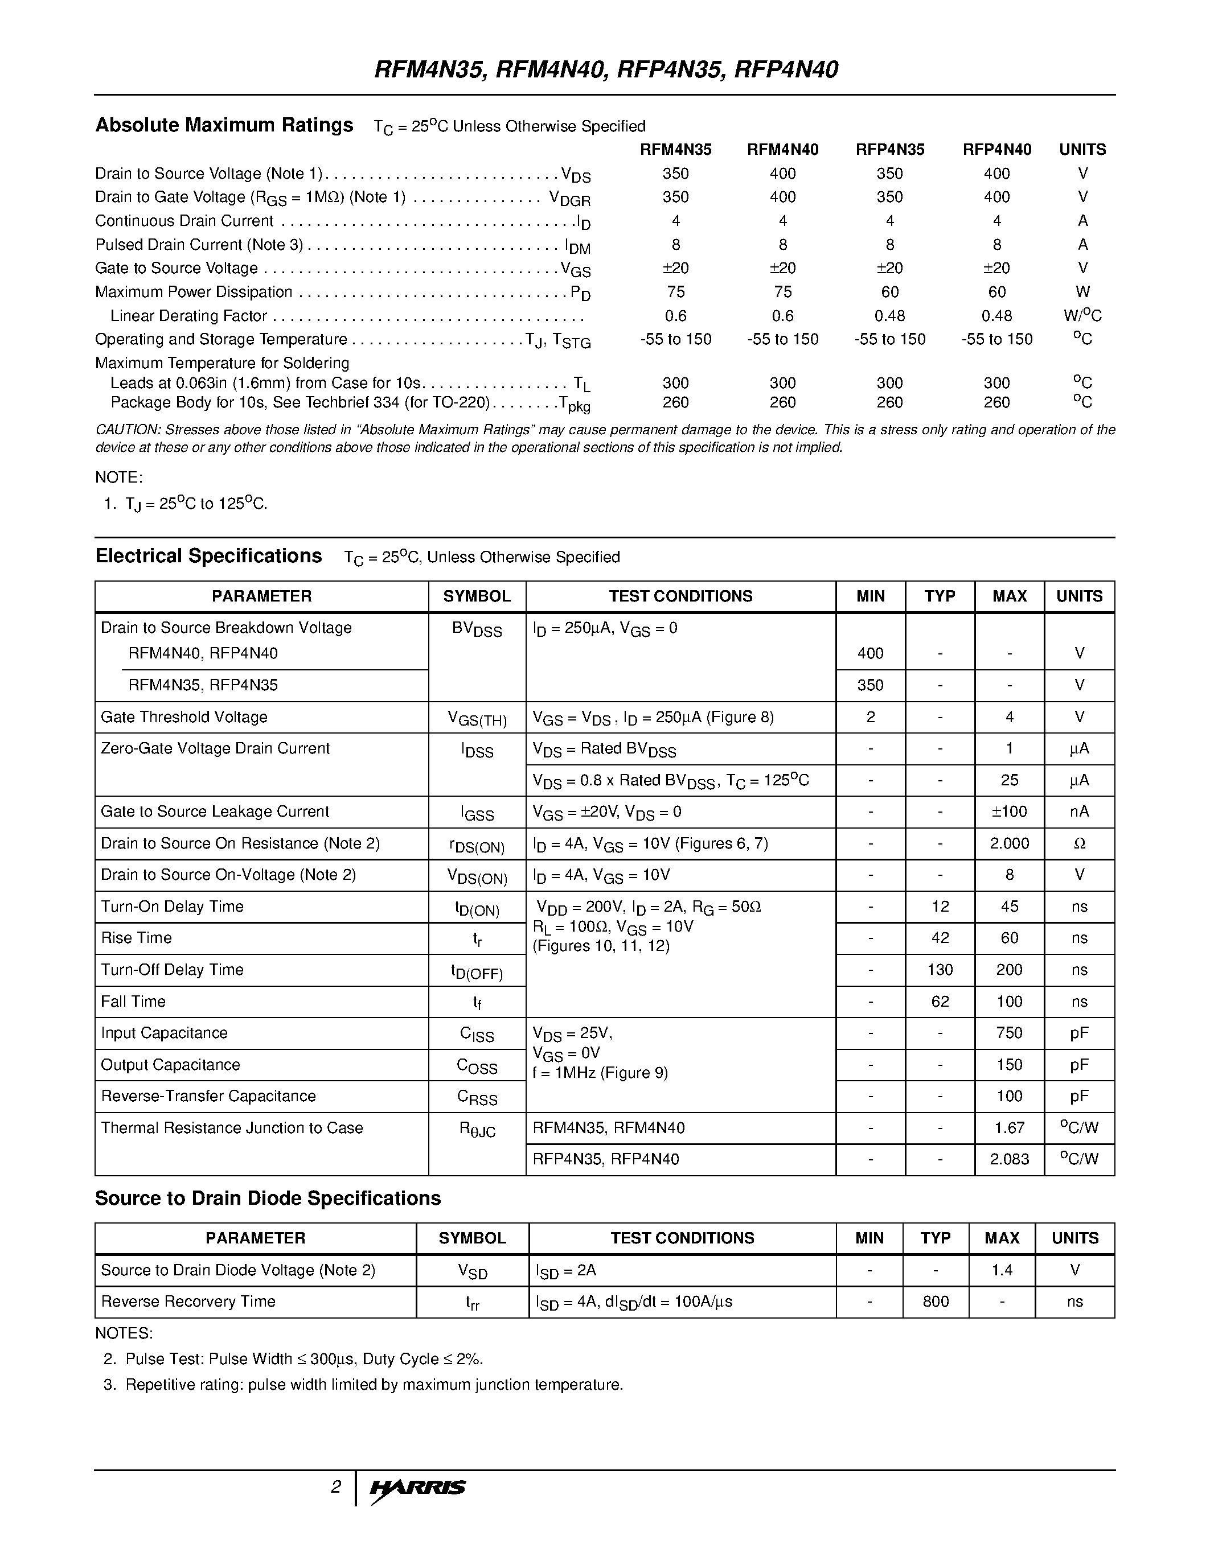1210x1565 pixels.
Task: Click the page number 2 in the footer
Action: click(x=335, y=1487)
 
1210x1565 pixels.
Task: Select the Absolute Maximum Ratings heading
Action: click(x=224, y=125)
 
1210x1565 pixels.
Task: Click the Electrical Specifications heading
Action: click(x=208, y=556)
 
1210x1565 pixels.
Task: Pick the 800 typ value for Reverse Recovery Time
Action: click(x=936, y=1302)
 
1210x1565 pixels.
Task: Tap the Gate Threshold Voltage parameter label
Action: click(x=184, y=716)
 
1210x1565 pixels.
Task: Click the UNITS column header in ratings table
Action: click(x=1082, y=150)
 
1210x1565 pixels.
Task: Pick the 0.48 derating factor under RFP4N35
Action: click(x=889, y=316)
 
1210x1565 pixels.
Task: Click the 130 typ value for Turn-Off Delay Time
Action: click(x=940, y=970)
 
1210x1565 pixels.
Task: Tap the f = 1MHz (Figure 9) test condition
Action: click(x=600, y=1073)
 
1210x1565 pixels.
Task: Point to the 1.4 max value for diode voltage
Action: click(x=1002, y=1270)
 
